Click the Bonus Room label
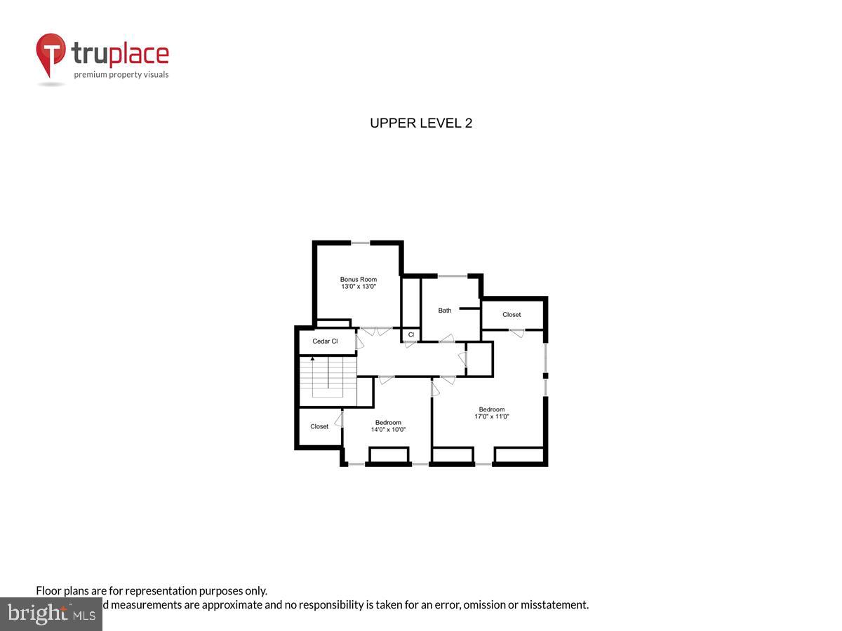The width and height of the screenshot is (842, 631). tap(358, 279)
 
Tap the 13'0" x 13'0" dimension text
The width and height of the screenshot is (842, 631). tap(358, 287)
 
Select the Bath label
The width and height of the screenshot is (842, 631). tap(445, 311)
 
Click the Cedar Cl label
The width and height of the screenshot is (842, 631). tap(325, 341)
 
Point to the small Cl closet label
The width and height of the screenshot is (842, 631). tap(411, 335)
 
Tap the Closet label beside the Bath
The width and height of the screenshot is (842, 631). tap(512, 315)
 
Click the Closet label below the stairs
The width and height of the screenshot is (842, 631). tap(319, 426)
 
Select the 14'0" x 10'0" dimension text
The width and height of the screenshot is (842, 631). tap(388, 430)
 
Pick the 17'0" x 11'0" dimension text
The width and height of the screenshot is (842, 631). tap(491, 416)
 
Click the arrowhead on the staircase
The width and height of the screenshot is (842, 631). tap(312, 359)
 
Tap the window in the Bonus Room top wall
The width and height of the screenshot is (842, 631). tap(361, 243)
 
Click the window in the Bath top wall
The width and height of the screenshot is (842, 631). tap(453, 276)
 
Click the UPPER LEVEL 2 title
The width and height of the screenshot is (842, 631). tap(421, 123)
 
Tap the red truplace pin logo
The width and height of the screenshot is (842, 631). tap(51, 54)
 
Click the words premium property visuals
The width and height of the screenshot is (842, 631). tap(121, 74)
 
